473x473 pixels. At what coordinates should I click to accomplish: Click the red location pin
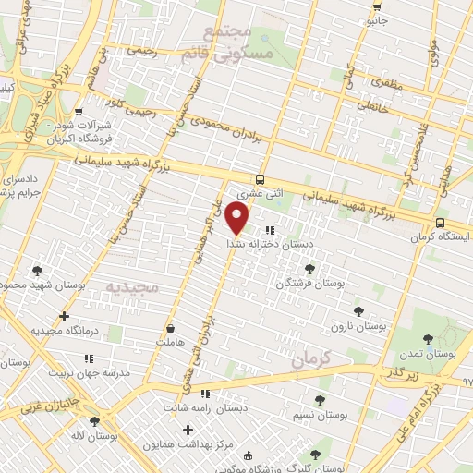[x=237, y=219]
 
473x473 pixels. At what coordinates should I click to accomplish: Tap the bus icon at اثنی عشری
[x=261, y=179]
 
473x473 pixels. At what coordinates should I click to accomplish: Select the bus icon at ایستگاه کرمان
[x=440, y=223]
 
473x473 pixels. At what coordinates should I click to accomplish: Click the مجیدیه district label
[x=131, y=287]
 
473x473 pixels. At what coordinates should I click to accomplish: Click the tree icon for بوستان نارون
[x=358, y=312]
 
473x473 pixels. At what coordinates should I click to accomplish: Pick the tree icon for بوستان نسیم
[x=321, y=400]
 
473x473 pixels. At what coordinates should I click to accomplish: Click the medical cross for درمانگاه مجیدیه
[x=63, y=316]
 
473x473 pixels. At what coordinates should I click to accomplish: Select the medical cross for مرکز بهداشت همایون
[x=188, y=430]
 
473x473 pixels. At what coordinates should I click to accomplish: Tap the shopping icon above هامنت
[x=170, y=328]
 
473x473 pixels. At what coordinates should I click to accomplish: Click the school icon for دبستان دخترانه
[x=269, y=230]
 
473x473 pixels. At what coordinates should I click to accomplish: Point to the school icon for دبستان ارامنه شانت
[x=256, y=396]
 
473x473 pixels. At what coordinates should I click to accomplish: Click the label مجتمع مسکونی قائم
[x=238, y=42]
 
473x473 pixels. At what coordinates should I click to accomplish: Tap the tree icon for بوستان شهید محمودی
[x=37, y=271]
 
